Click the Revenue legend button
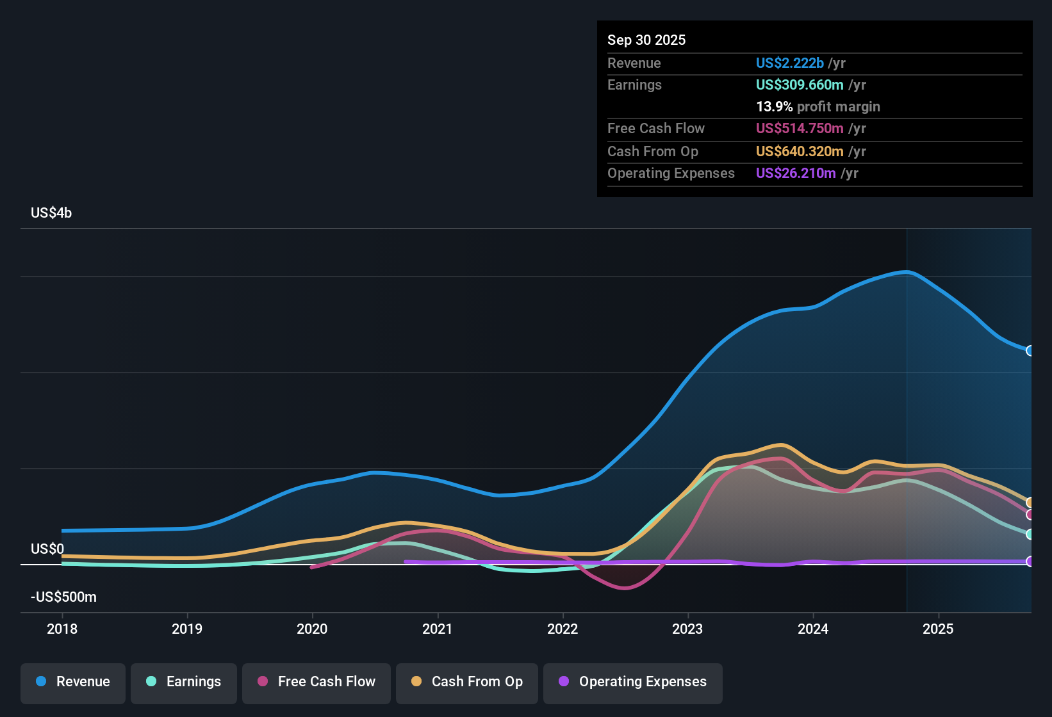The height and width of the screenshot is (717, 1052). pos(73,682)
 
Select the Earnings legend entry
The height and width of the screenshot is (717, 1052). pos(184,682)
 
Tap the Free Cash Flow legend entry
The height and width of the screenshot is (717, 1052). pos(316,682)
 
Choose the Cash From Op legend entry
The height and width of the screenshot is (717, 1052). pos(467,682)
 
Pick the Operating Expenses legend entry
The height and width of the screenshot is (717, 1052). pos(633,682)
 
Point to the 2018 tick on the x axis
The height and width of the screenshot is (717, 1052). pos(62,629)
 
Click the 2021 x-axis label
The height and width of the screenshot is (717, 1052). pos(438,629)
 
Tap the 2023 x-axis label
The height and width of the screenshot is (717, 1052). pos(687,629)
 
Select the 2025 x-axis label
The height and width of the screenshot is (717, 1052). pos(938,629)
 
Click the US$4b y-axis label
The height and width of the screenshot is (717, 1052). pos(51,213)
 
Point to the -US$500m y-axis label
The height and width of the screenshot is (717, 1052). pos(63,597)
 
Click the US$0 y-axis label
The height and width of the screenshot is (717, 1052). pos(47,549)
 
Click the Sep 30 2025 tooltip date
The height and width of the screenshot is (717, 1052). pos(646,40)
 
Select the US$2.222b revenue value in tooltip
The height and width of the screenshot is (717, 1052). pos(789,63)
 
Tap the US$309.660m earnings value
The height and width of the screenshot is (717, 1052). pos(800,85)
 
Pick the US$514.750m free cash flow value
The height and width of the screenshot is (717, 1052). pos(800,129)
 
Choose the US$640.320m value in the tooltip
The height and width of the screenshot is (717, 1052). pos(800,152)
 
